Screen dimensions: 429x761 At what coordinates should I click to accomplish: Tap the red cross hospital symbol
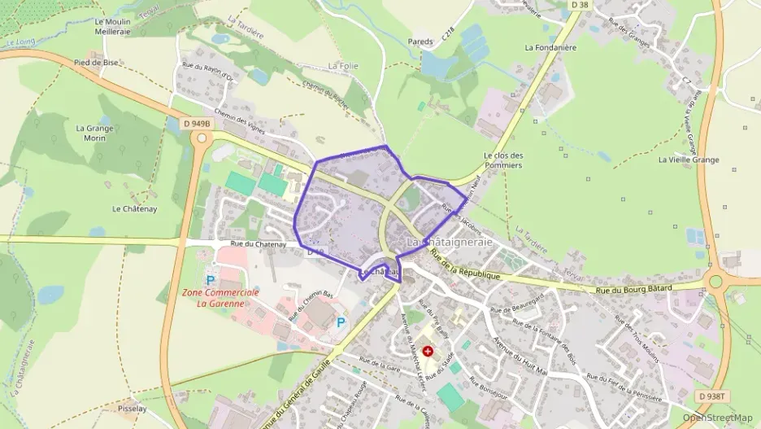428,351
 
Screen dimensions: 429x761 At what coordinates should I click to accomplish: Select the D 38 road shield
579,5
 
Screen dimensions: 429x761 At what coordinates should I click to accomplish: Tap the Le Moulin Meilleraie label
112,27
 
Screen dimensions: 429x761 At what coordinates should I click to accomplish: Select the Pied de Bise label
96,62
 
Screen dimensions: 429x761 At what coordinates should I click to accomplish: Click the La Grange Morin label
94,133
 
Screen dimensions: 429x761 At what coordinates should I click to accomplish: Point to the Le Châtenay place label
128,208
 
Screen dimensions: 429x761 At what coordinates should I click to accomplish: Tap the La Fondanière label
550,47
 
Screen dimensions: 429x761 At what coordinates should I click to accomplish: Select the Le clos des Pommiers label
502,160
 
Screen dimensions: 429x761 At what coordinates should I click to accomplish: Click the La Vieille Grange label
689,160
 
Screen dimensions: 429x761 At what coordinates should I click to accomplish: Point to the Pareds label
421,41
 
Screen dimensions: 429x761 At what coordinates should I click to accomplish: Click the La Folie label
343,65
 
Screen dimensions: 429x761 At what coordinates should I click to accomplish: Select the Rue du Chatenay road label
259,243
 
